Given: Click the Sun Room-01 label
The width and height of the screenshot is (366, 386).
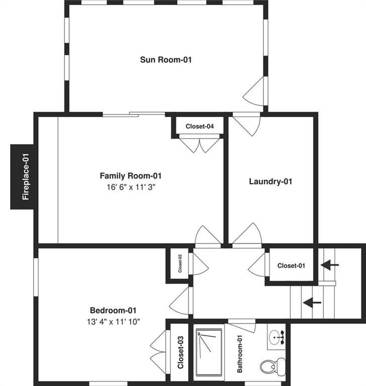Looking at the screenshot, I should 165,60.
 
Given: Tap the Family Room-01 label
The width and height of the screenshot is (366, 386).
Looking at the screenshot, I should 130,176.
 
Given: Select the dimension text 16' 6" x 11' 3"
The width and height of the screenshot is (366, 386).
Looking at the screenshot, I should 130,187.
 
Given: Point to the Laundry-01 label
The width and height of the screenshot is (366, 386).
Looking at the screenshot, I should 270,181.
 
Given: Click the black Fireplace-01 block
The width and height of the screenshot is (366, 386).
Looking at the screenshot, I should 23,176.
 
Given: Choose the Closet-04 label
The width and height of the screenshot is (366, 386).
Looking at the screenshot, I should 200,127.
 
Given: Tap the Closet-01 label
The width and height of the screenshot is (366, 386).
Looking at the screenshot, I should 291,265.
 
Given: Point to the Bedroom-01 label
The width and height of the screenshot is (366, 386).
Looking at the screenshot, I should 113,311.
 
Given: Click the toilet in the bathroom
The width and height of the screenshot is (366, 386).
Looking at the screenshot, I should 272,364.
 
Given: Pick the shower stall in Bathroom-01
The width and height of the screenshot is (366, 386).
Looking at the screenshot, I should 209,354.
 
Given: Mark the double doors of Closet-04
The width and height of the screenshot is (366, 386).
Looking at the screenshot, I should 200,145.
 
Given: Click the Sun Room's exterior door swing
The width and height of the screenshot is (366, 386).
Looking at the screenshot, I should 254,92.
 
